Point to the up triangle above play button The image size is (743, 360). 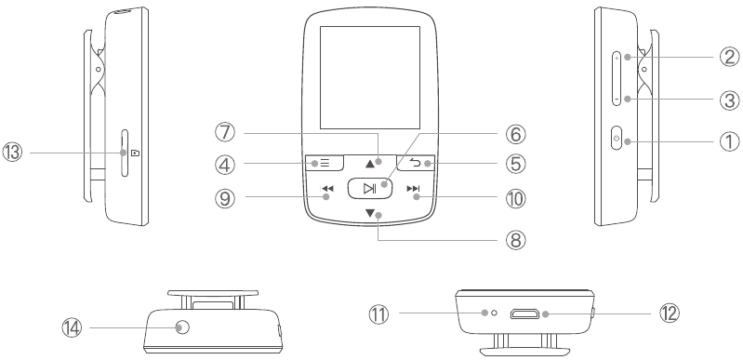(370, 164)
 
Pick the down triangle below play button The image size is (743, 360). (370, 215)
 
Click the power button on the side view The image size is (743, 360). (616, 140)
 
